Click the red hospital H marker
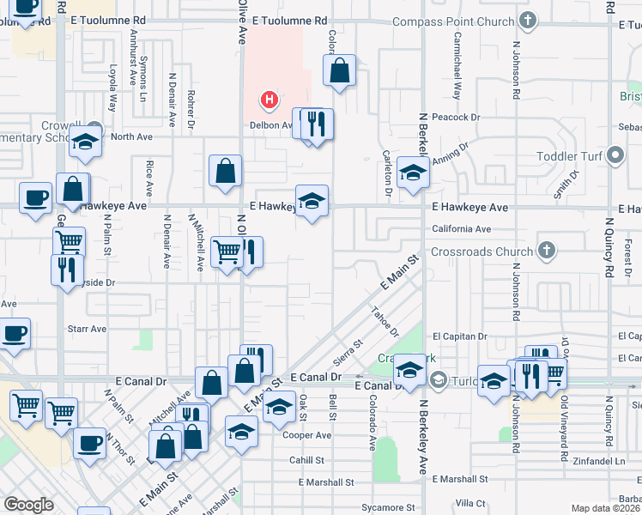click(x=270, y=101)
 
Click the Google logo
click(x=28, y=505)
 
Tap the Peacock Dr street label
click(x=456, y=117)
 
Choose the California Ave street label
click(x=461, y=229)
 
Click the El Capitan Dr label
click(x=460, y=336)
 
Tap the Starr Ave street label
click(x=87, y=329)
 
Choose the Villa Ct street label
click(x=470, y=502)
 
